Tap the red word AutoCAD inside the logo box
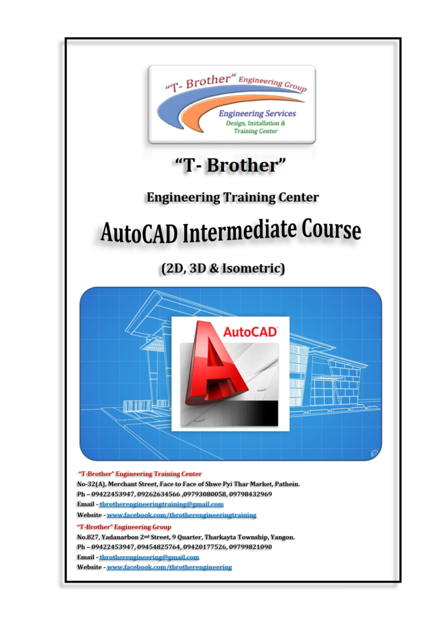251,332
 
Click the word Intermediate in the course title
240,231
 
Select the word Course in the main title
331,230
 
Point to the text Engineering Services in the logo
257,113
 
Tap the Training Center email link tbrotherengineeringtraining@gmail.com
161,504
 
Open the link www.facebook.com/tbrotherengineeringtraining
182,515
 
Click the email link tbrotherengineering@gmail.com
149,557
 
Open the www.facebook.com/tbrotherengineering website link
169,567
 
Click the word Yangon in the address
282,537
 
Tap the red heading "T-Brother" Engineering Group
124,527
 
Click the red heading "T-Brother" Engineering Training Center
140,474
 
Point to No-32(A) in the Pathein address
92,484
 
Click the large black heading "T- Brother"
231,165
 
